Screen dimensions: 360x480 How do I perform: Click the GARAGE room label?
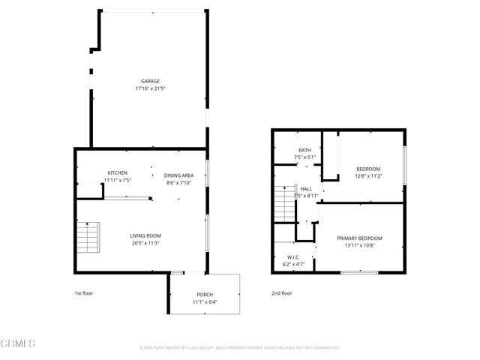pyautogui.click(x=151, y=81)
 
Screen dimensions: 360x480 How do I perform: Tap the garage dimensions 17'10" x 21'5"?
pyautogui.click(x=151, y=88)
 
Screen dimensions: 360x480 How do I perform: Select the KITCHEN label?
pyautogui.click(x=117, y=172)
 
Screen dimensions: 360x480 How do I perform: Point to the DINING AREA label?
pyautogui.click(x=179, y=175)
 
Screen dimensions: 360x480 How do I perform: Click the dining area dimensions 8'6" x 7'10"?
pyautogui.click(x=179, y=183)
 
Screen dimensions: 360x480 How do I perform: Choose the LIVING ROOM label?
pyautogui.click(x=146, y=235)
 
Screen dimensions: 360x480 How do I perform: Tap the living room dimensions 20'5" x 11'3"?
pyautogui.click(x=146, y=243)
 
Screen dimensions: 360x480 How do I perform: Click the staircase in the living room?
pyautogui.click(x=89, y=238)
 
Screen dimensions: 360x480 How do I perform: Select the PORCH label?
pyautogui.click(x=205, y=294)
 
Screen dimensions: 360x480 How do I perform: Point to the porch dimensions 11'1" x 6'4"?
pyautogui.click(x=205, y=301)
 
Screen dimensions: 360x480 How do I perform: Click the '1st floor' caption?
pyautogui.click(x=83, y=293)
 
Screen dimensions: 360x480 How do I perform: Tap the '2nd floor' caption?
pyautogui.click(x=282, y=293)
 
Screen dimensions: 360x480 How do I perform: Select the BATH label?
pyautogui.click(x=304, y=150)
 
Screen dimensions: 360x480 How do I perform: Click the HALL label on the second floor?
pyautogui.click(x=306, y=189)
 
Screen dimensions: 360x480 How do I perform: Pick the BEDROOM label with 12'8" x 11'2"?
pyautogui.click(x=368, y=169)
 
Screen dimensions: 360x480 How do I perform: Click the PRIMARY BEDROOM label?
pyautogui.click(x=364, y=238)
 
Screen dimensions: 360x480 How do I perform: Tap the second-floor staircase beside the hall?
pyautogui.click(x=283, y=202)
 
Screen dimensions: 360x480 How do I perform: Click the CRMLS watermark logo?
pyautogui.click(x=18, y=343)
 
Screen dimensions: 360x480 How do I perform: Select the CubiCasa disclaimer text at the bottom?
pyautogui.click(x=240, y=347)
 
